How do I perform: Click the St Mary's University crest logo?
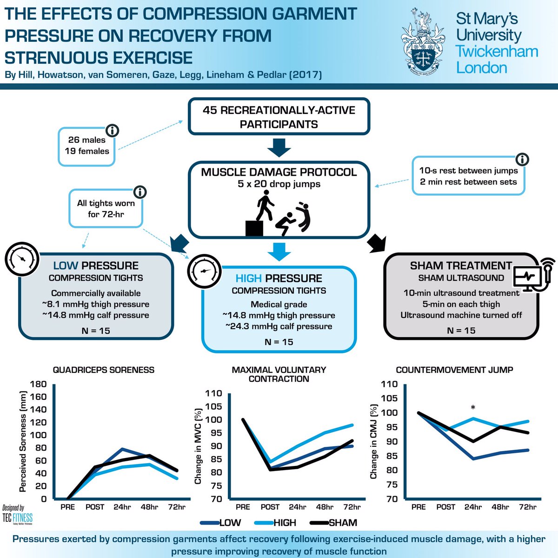(x=423, y=42)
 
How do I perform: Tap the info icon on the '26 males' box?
(x=113, y=131)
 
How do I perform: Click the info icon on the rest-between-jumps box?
(x=522, y=159)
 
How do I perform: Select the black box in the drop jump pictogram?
(x=254, y=228)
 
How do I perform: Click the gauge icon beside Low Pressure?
(x=22, y=259)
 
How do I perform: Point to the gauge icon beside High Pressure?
(x=205, y=272)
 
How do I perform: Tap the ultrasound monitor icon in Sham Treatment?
(x=533, y=275)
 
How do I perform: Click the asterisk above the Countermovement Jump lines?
(x=473, y=408)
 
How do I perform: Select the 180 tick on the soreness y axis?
(x=39, y=384)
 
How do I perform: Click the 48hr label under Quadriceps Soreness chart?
(x=149, y=507)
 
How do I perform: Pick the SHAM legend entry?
(x=333, y=523)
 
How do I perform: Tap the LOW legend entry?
(x=220, y=523)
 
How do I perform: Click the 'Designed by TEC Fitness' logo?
(x=17, y=515)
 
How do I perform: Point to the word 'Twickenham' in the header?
(x=497, y=52)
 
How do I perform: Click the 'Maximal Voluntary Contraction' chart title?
(x=279, y=374)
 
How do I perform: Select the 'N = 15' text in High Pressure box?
(x=279, y=342)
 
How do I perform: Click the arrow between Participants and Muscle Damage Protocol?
(x=279, y=148)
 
